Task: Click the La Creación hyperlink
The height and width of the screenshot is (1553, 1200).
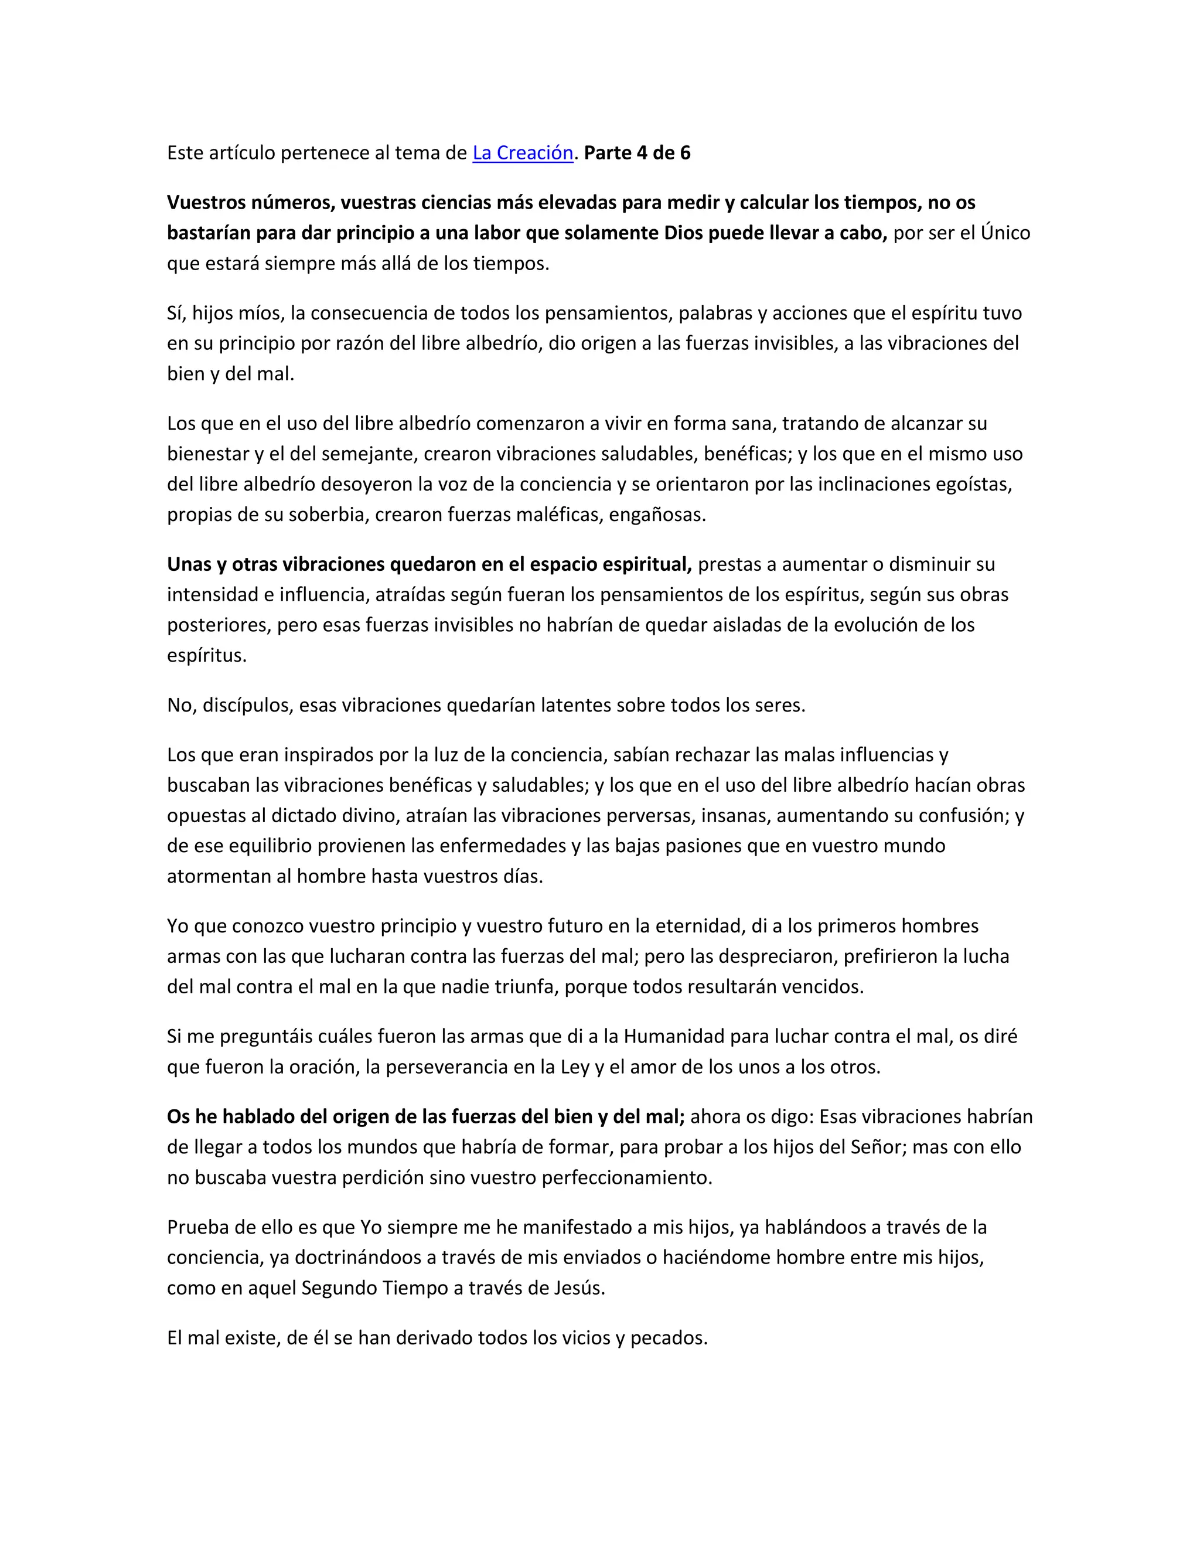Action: tap(523, 153)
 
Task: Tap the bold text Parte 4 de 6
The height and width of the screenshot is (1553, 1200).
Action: tap(637, 153)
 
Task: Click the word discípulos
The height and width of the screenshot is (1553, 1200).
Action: tap(247, 706)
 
